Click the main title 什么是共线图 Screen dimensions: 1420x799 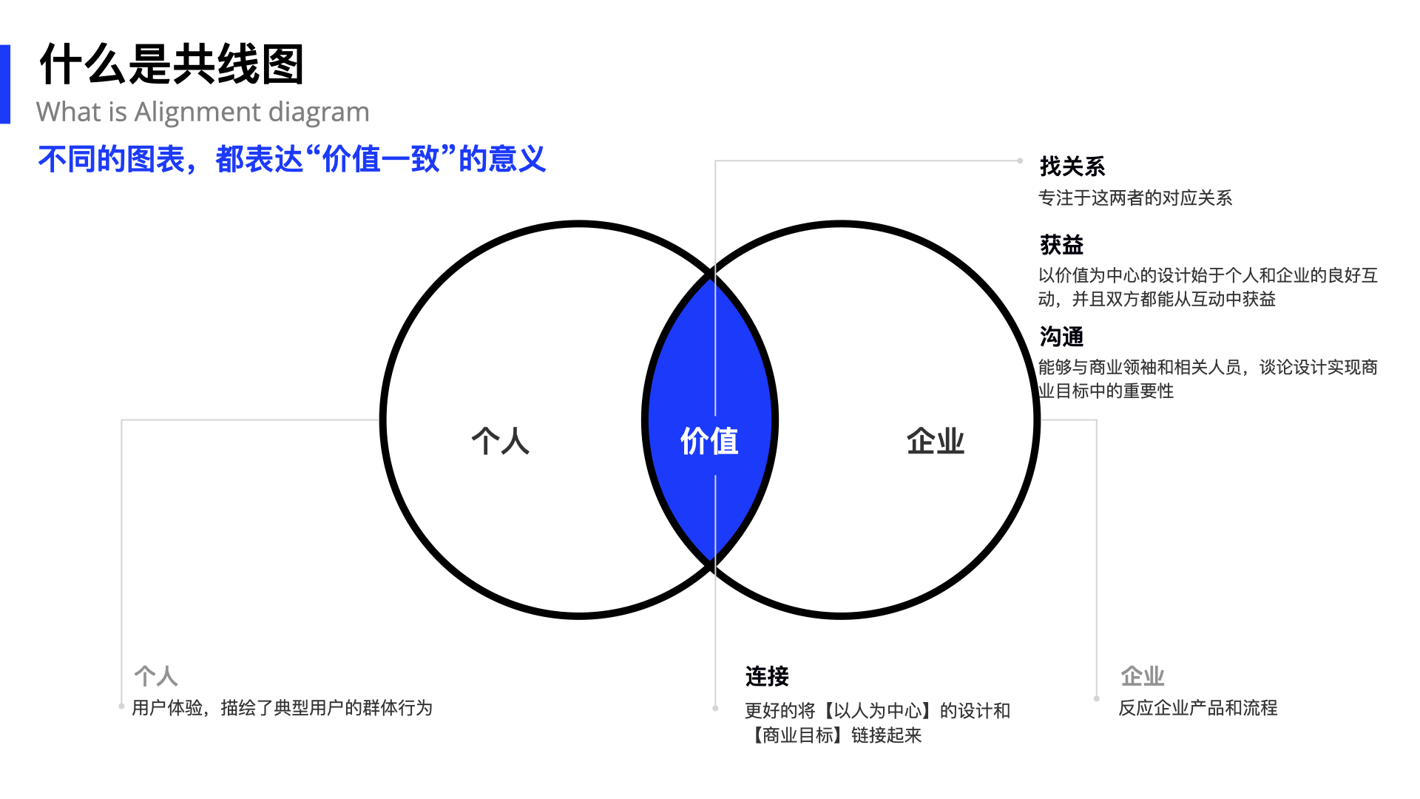tap(172, 64)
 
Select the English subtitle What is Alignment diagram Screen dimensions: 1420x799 tap(203, 112)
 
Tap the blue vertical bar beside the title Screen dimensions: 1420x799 tap(5, 84)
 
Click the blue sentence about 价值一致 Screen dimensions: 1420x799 tap(292, 159)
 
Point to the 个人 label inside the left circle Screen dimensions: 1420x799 tap(501, 441)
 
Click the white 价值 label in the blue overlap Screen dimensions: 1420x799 tap(709, 441)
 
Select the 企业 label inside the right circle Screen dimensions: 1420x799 tap(936, 441)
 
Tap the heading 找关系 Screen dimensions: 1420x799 tap(1072, 166)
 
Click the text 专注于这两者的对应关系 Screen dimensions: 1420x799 tap(1135, 198)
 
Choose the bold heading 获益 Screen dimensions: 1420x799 tap(1061, 244)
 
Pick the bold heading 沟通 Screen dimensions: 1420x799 tap(1061, 337)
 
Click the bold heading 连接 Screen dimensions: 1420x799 tap(767, 676)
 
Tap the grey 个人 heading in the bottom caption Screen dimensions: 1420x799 tap(156, 675)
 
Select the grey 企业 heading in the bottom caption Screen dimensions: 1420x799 tap(1143, 675)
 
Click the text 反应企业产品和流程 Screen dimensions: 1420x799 tap(1198, 708)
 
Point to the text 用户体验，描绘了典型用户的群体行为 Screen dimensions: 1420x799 tap(282, 708)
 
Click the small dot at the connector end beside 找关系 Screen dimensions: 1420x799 tap(1020, 161)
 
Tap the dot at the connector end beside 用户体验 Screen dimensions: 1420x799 tap(121, 707)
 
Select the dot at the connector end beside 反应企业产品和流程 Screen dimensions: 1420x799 tap(1097, 698)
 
